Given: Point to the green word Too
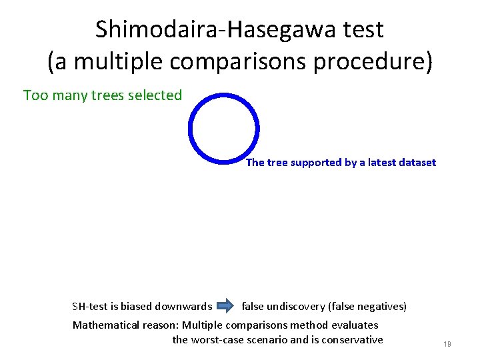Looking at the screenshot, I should (35, 95).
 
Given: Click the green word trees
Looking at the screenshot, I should (109, 95).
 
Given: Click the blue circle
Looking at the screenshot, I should (223, 127).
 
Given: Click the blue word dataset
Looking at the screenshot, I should (416, 162).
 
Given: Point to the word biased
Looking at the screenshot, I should (136, 307).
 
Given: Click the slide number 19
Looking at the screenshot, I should (447, 344).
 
